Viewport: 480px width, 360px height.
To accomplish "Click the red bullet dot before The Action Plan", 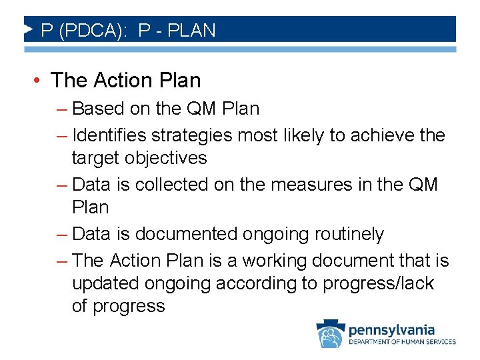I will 39,81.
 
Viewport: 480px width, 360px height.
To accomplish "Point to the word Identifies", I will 109,135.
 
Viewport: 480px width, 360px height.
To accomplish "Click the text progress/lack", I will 378,283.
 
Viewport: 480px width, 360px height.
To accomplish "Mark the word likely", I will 301,135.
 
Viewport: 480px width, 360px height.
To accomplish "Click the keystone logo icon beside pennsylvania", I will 329,334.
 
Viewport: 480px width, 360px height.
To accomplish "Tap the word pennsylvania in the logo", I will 392,329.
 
